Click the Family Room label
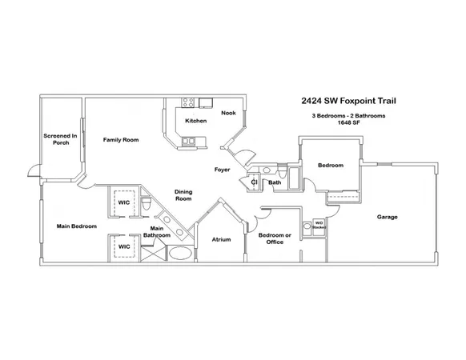point(121,140)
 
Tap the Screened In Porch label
point(60,140)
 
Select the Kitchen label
point(196,121)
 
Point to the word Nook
point(228,113)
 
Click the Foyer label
point(223,170)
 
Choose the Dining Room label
point(183,194)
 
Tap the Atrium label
point(221,239)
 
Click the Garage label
point(388,217)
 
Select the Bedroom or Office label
point(275,238)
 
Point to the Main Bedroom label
point(77,226)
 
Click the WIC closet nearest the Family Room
point(125,203)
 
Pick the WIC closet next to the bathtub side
point(125,246)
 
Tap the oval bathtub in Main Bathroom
point(181,254)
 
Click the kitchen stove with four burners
point(189,102)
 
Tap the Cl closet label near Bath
point(254,182)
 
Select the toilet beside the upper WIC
point(147,206)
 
